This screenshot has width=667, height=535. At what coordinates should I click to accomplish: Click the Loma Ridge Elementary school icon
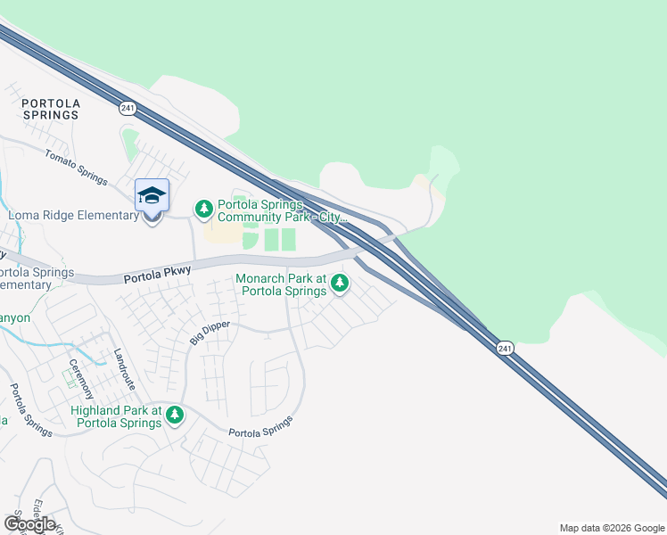point(152,195)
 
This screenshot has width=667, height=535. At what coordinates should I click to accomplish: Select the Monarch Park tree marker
point(339,284)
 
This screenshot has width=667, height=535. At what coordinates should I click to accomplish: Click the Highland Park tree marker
point(175,415)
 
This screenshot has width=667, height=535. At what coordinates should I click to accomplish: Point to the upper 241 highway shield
point(128,108)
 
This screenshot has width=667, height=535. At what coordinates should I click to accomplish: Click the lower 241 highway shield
point(505,347)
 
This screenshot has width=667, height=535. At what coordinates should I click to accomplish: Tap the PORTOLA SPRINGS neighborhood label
point(51,110)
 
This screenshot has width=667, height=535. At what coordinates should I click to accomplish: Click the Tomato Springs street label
point(76,166)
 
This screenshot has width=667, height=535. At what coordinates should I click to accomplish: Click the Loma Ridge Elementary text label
point(71,215)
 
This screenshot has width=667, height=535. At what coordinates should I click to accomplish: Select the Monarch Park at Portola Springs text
point(281,284)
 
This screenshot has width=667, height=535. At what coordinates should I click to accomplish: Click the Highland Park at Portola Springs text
point(117,416)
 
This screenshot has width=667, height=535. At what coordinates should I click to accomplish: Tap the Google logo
point(29,524)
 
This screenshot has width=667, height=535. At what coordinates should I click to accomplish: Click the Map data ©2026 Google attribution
point(610,528)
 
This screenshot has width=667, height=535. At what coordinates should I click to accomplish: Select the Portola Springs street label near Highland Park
point(261,427)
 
